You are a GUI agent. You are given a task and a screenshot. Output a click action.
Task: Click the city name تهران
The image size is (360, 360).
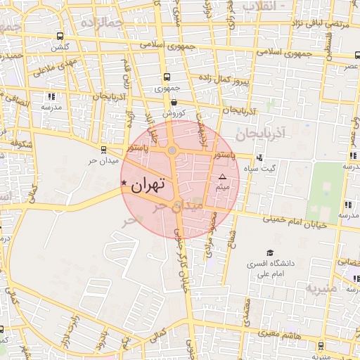click(x=148, y=185)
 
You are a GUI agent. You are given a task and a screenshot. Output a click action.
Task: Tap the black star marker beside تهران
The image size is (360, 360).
click(x=124, y=184)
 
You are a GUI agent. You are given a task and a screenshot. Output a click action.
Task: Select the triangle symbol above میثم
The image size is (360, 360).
click(x=223, y=176)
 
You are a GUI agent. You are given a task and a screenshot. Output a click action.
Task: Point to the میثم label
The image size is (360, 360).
click(x=223, y=187)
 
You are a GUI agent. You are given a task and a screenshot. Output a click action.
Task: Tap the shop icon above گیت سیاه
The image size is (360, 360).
click(x=260, y=158)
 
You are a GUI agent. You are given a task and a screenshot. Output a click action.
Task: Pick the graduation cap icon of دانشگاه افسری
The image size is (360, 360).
click(x=270, y=253)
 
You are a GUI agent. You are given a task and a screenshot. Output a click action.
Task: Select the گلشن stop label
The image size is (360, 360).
click(x=61, y=47)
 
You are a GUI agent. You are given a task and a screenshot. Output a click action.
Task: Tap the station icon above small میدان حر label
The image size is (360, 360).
click(x=103, y=149)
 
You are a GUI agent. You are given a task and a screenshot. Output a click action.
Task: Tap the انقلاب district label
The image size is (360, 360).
click(x=262, y=6)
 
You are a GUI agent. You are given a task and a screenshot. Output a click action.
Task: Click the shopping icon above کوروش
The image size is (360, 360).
click(x=174, y=102)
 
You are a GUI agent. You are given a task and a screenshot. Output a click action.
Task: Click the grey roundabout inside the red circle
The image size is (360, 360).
click(x=172, y=150)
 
